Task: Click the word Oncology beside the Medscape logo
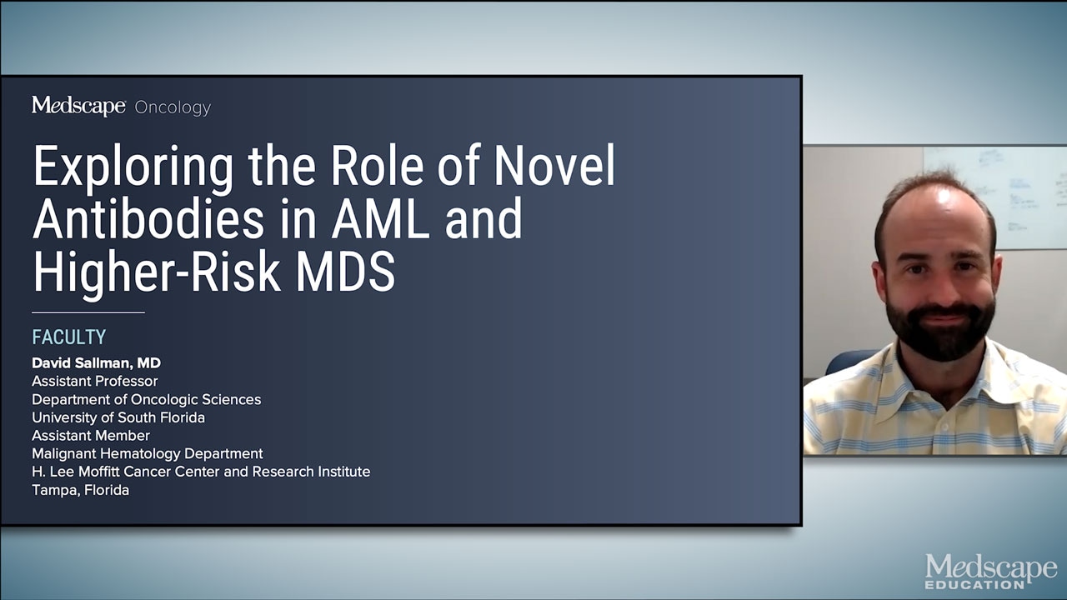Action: (x=173, y=107)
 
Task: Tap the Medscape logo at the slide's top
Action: (x=78, y=105)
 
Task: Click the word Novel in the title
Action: (x=554, y=166)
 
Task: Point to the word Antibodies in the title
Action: (x=148, y=218)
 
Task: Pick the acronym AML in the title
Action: (x=381, y=219)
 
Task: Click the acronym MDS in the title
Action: (x=346, y=272)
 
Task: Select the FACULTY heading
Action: (x=69, y=337)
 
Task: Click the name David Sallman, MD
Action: (x=96, y=362)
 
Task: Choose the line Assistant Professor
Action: (x=95, y=381)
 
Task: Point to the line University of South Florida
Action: (x=118, y=417)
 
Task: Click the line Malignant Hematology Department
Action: (x=148, y=454)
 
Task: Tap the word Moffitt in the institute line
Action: (x=98, y=472)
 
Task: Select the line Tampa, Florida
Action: (x=81, y=490)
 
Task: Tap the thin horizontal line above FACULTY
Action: (x=88, y=312)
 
